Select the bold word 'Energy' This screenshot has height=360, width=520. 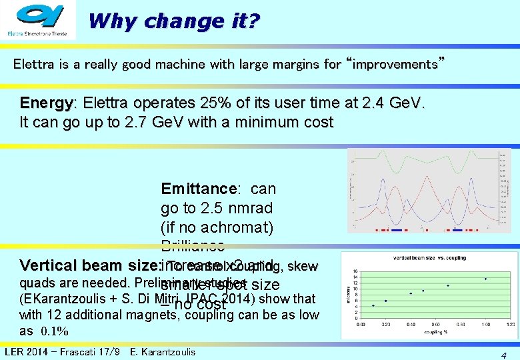(46, 104)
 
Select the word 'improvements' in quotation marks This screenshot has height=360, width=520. (393, 65)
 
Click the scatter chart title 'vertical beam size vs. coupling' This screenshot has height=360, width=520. (429, 258)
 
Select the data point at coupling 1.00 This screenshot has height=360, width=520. (486, 279)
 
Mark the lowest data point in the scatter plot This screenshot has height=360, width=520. (373, 305)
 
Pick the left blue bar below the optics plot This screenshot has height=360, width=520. (397, 230)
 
